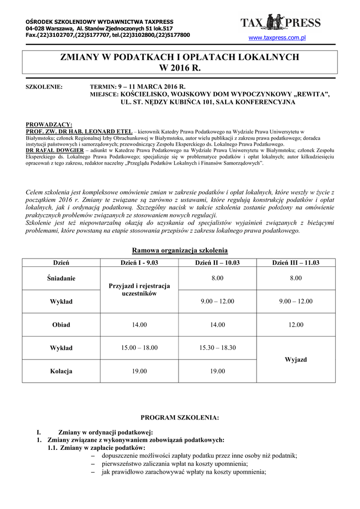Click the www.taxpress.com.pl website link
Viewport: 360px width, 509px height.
click(276, 37)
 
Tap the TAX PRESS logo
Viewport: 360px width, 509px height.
click(280, 22)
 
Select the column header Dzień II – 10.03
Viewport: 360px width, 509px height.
click(217, 262)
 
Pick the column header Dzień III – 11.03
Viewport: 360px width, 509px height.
click(296, 262)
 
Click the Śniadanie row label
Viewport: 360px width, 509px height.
click(61, 278)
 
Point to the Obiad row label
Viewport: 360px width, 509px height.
click(61, 325)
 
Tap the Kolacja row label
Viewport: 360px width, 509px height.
click(61, 371)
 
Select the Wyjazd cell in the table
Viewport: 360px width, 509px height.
click(296, 359)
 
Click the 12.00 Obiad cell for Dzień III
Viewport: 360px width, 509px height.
click(296, 325)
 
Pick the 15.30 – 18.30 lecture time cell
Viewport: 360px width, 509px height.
click(217, 348)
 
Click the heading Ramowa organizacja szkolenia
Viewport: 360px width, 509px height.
click(180, 251)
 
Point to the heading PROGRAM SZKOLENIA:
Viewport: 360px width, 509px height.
click(180, 418)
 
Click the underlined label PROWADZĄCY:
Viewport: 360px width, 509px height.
click(48, 125)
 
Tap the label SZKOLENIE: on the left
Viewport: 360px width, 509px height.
click(44, 87)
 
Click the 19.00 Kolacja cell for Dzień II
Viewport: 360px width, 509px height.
click(217, 371)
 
